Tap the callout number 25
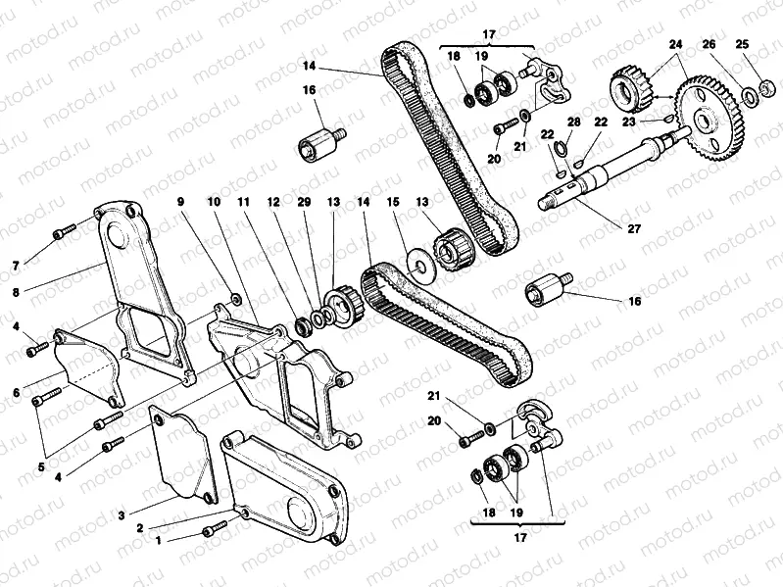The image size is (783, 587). tap(741, 45)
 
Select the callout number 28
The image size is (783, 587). tap(573, 122)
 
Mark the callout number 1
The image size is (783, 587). tap(146, 540)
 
